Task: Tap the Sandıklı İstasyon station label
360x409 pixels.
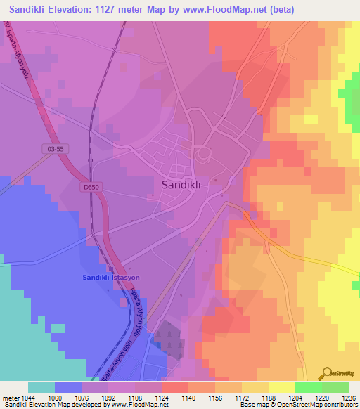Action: point(108,278)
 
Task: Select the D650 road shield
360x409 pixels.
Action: point(89,187)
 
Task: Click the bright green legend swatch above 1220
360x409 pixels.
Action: point(309,387)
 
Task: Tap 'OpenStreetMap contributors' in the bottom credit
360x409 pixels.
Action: point(323,405)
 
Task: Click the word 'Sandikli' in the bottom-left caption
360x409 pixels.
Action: point(15,405)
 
